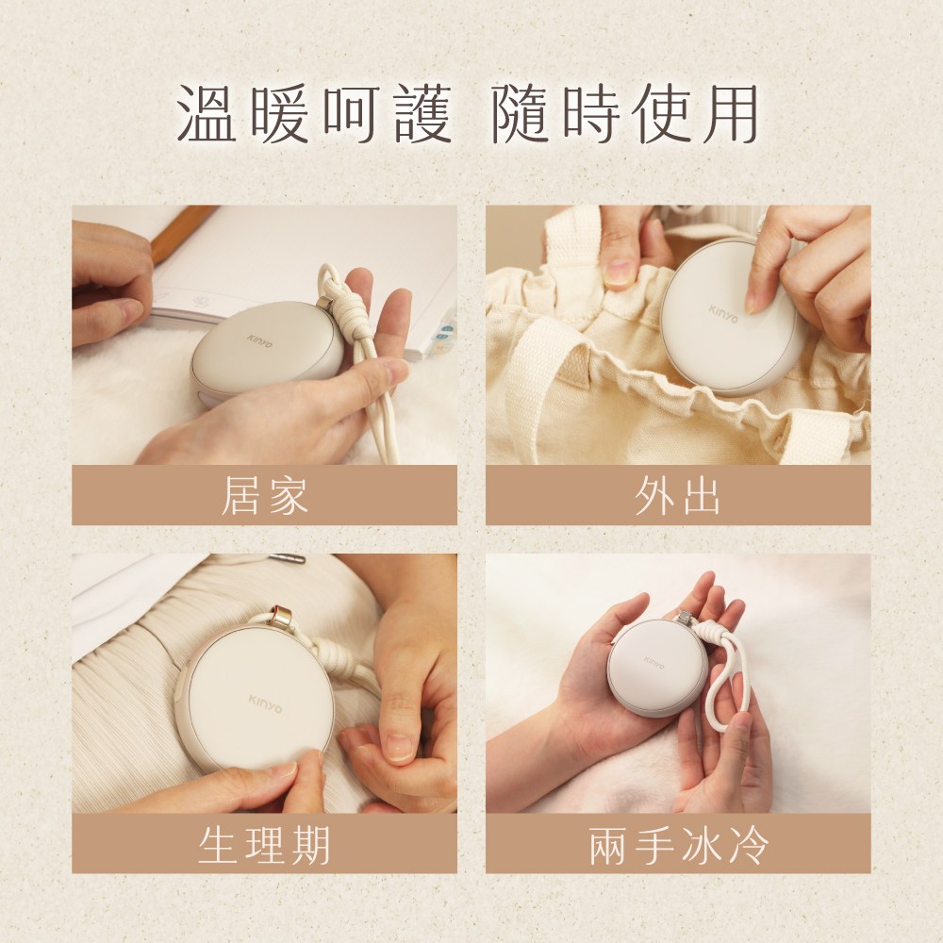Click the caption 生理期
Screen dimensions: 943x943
[264, 843]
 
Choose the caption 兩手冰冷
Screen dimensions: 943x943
[677, 843]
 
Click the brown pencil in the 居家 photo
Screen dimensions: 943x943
[184, 232]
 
